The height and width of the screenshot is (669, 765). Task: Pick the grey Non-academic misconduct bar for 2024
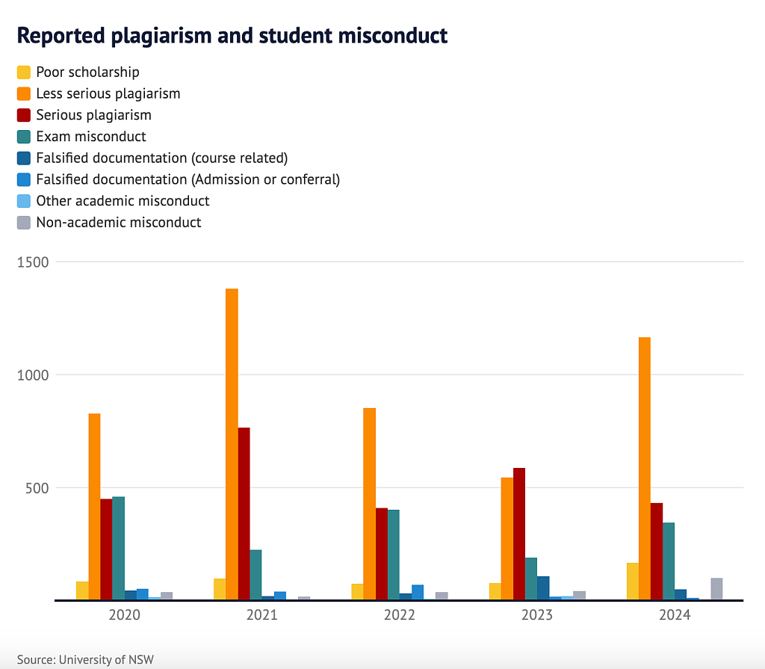[716, 588]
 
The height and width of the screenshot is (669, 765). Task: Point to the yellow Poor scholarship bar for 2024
[633, 581]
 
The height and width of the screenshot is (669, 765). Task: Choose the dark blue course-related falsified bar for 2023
[543, 588]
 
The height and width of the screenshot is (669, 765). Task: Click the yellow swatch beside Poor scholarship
[24, 73]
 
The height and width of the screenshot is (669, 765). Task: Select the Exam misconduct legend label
[91, 136]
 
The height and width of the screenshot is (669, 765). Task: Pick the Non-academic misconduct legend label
[119, 222]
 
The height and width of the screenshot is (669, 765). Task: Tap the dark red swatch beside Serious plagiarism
[24, 115]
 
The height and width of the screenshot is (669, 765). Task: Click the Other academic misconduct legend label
[123, 200]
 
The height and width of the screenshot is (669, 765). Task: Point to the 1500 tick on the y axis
[33, 262]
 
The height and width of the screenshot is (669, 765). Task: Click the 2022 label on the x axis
[400, 615]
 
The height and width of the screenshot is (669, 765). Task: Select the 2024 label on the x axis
[675, 615]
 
